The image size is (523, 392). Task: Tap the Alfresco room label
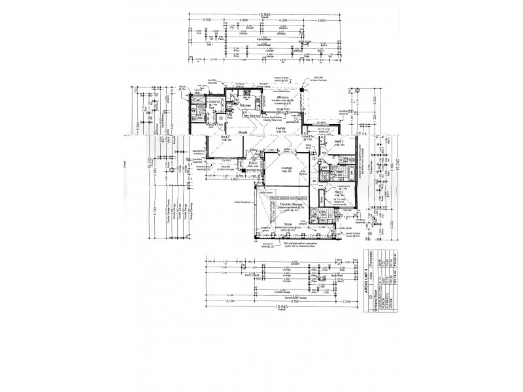click(283, 96)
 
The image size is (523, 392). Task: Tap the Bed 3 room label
click(339, 142)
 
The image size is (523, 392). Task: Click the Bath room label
click(340, 172)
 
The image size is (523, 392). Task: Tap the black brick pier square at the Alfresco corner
click(302, 90)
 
